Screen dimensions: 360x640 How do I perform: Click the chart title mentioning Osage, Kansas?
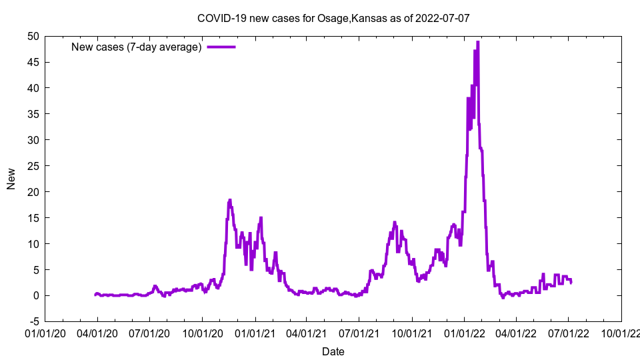click(333, 18)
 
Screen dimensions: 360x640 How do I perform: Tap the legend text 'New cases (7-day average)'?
click(137, 47)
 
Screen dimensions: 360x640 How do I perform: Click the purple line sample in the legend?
click(221, 47)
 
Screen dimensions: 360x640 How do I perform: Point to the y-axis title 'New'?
click(11, 179)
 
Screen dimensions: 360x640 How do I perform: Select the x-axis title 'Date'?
click(333, 351)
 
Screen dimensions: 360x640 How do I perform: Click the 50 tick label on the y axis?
click(33, 36)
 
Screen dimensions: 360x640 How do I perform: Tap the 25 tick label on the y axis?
click(33, 166)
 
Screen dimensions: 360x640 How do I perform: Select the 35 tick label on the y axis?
click(33, 114)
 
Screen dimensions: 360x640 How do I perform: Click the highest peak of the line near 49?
click(478, 42)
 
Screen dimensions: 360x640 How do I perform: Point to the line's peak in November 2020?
click(230, 200)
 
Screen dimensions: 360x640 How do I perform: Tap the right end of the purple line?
click(571, 282)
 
